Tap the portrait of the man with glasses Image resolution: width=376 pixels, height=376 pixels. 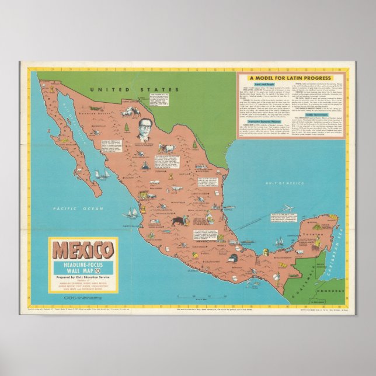pos(142,133)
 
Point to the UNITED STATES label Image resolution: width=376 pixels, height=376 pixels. pos(134,90)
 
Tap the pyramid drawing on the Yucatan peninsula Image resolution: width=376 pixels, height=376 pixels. pos(315,223)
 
